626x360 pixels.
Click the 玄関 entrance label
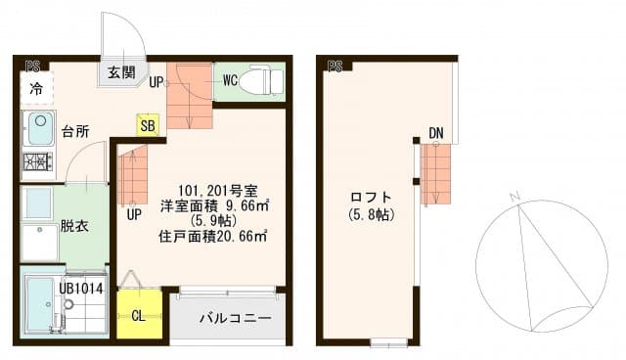[122, 72]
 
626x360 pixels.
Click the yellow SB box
[147, 125]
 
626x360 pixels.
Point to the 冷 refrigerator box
[36, 89]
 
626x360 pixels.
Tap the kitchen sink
[39, 127]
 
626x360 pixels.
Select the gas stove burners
[38, 160]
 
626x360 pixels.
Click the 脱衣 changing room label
[74, 226]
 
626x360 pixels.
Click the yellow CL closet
[138, 316]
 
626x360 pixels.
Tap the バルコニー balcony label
[229, 319]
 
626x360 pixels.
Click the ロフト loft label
[370, 195]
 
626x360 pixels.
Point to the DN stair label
[436, 133]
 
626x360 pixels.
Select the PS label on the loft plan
[335, 66]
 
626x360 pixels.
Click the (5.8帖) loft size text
[370, 214]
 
